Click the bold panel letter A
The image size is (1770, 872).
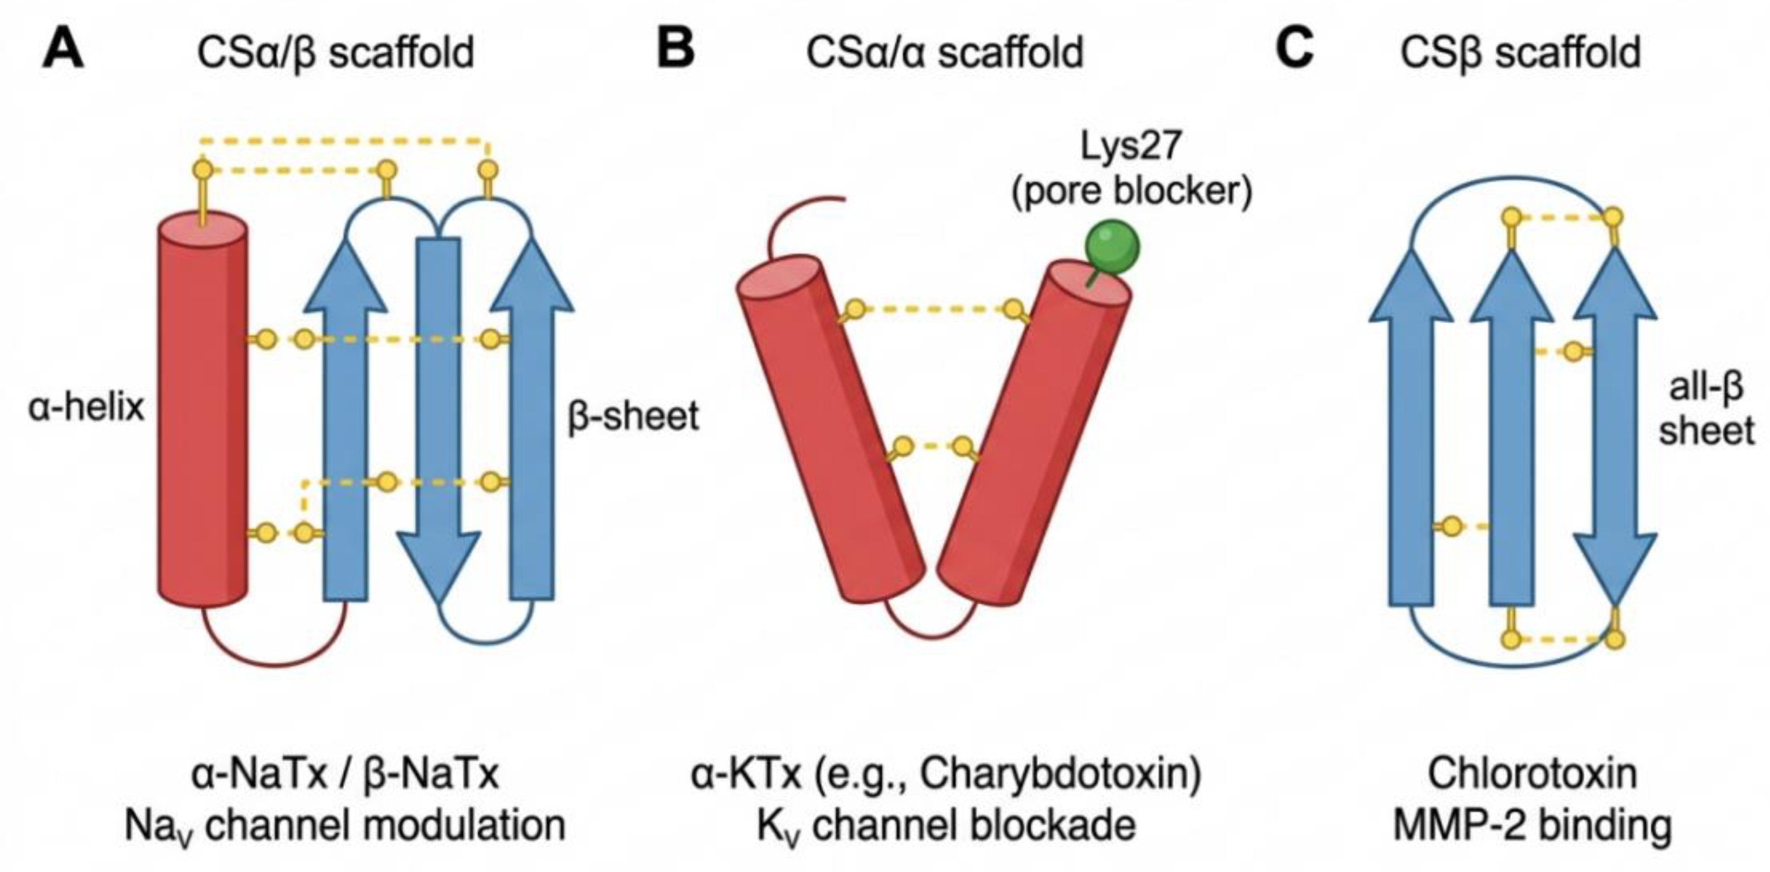63,50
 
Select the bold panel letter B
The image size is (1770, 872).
675,50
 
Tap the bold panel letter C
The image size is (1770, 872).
1295,50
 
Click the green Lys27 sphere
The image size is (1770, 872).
1112,247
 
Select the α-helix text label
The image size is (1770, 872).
87,407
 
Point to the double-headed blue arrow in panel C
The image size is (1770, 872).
1615,426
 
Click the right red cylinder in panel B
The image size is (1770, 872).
1033,433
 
